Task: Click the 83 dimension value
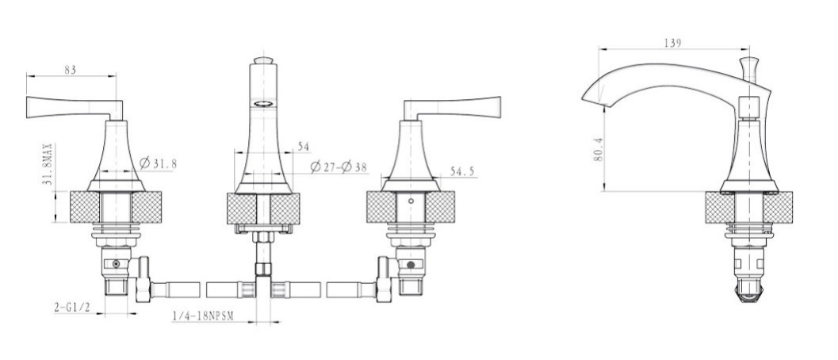71,70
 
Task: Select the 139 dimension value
673,44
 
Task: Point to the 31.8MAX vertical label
47,164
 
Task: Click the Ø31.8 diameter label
158,163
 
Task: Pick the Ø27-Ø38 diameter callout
339,167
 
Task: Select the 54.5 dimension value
462,171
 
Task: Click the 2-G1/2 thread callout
71,307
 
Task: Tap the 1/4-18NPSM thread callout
203,316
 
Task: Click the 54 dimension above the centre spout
304,147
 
